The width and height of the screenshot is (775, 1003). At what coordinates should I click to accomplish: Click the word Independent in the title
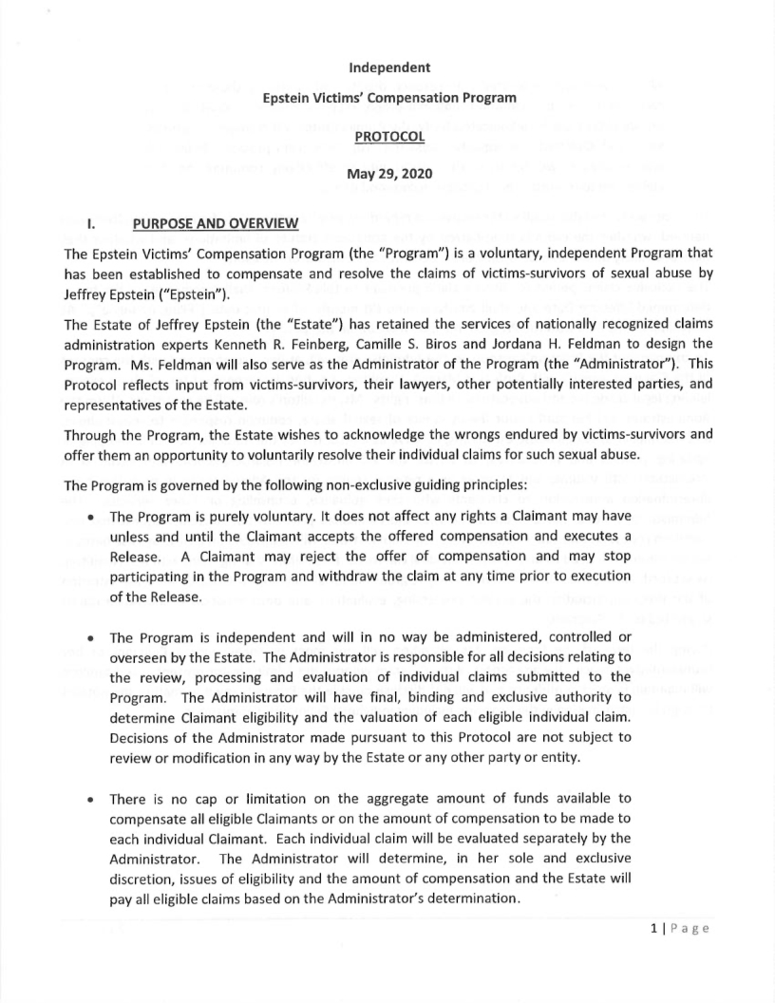(388, 67)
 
